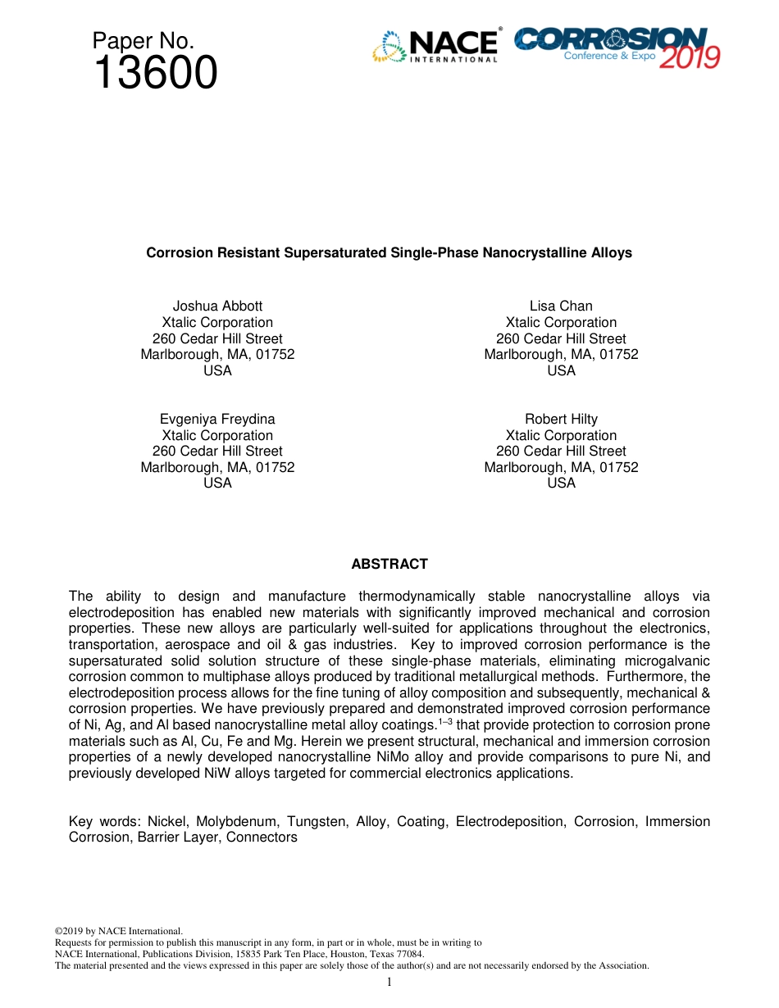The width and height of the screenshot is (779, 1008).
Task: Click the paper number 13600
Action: point(155,74)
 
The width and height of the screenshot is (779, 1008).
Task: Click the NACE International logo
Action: point(436,46)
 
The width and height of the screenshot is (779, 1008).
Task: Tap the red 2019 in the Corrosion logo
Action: point(690,57)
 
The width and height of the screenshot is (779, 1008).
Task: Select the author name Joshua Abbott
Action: point(217,306)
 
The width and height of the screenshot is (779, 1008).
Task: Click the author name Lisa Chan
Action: point(561,306)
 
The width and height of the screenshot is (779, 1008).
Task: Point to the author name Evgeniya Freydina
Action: point(217,420)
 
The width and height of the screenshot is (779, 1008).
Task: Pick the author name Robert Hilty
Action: point(561,420)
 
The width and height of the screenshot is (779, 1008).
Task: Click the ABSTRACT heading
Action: point(389,564)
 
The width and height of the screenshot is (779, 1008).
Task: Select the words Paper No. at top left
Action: point(143,40)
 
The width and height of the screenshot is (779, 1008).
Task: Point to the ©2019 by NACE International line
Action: point(118,931)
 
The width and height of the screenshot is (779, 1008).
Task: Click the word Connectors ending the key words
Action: point(262,838)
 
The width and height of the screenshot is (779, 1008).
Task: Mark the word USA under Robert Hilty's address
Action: point(561,484)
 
